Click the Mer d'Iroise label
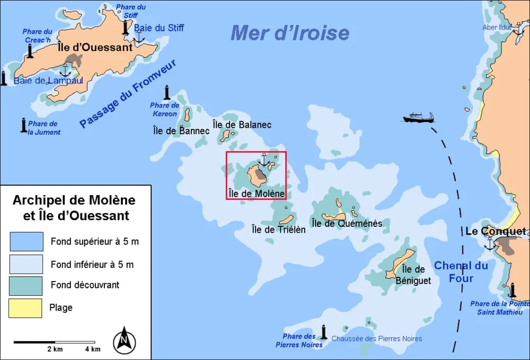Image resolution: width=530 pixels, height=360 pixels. [290, 33]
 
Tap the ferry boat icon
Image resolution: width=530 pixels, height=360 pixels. [418, 117]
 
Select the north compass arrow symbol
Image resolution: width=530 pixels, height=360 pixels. [125, 340]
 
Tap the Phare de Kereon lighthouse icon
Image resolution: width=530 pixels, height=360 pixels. [167, 93]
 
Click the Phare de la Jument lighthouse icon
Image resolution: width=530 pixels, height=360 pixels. [23, 125]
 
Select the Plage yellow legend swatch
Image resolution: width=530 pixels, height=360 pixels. [25, 308]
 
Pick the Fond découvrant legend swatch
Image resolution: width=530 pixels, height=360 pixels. [25, 285]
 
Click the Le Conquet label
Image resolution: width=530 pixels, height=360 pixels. [496, 232]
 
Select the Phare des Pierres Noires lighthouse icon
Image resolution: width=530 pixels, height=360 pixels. [323, 332]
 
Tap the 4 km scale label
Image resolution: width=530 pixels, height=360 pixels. [92, 349]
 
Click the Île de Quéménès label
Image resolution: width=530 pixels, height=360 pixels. [347, 224]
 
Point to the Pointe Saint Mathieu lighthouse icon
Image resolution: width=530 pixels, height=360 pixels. [512, 291]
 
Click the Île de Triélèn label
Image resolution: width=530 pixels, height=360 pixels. [278, 230]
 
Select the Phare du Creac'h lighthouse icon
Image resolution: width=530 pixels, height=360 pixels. [30, 51]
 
